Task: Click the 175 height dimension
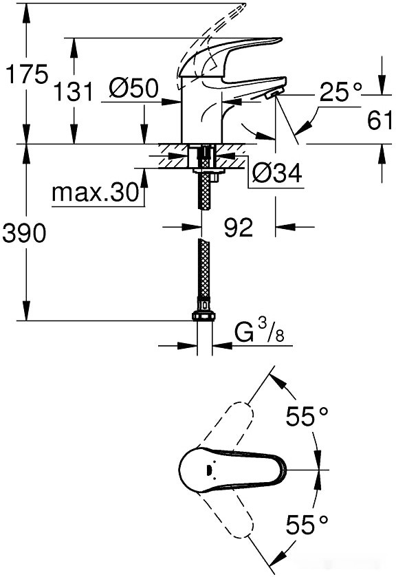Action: (25, 74)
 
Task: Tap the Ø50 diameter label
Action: (133, 89)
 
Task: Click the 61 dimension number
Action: (380, 121)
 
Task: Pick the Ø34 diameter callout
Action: (276, 174)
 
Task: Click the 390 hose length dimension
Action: (25, 234)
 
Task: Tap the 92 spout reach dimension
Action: (239, 228)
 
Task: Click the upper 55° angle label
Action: (307, 416)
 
